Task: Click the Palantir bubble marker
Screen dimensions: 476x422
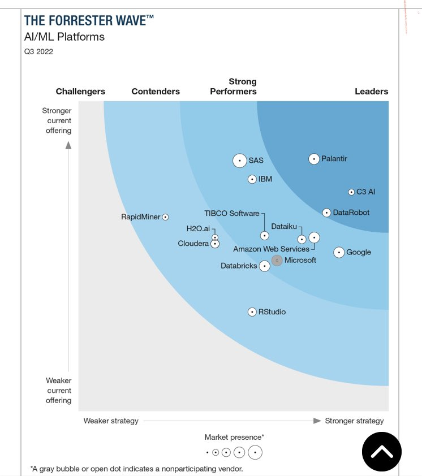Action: (x=313, y=159)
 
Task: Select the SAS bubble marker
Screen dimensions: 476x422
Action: (x=240, y=161)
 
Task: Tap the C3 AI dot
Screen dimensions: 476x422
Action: (x=351, y=192)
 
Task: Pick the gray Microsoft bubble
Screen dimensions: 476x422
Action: (x=277, y=261)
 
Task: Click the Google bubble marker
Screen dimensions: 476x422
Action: (x=339, y=253)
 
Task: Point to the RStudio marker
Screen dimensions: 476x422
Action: (x=252, y=312)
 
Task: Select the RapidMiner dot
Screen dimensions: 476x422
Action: (x=165, y=217)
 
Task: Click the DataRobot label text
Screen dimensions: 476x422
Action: (x=351, y=213)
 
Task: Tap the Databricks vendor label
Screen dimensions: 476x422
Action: (x=239, y=266)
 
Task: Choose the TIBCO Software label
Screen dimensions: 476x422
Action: (x=232, y=213)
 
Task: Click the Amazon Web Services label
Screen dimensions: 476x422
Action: (x=271, y=249)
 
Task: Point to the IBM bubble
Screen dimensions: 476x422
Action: (x=252, y=179)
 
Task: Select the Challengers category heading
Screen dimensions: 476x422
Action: (x=80, y=92)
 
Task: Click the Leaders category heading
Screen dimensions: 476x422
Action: (x=372, y=92)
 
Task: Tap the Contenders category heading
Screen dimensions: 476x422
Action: (x=156, y=92)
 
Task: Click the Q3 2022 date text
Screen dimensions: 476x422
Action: (x=38, y=52)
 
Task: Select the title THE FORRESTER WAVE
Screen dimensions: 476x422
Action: (x=89, y=21)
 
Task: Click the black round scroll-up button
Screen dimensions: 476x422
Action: (x=382, y=452)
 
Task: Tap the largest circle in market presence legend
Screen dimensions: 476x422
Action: (x=255, y=452)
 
